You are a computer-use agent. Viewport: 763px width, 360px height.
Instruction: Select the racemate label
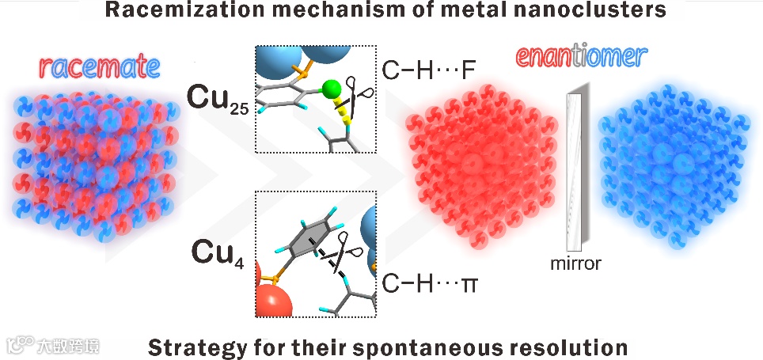(x=93, y=69)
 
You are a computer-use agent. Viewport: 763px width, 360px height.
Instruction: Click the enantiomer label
(x=582, y=57)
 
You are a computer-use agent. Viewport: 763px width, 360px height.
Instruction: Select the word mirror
(x=575, y=264)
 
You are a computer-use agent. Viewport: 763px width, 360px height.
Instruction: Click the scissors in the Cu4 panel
(x=341, y=253)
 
